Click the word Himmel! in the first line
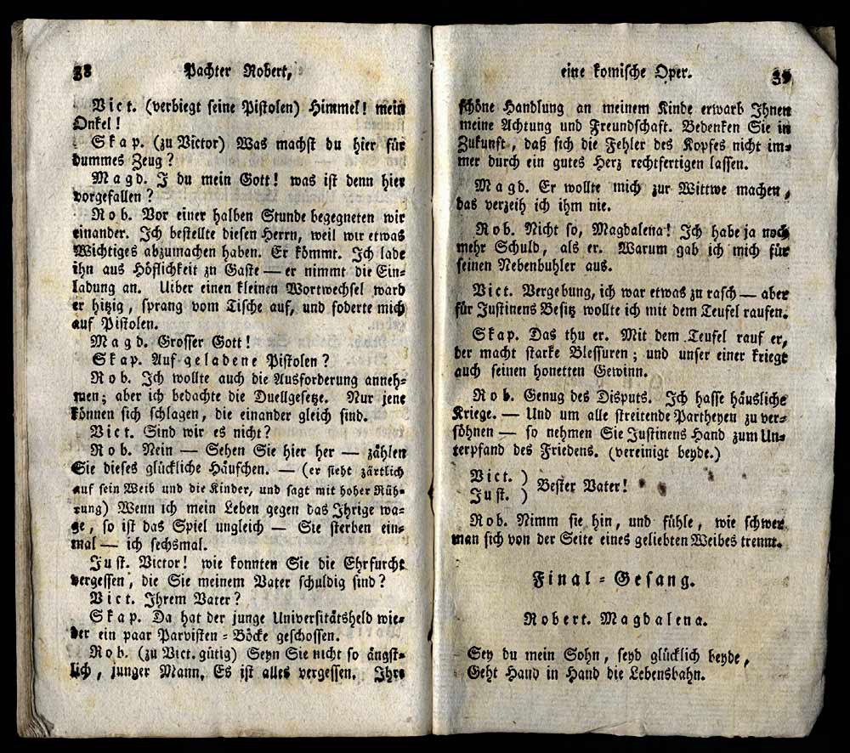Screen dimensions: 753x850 (x=338, y=107)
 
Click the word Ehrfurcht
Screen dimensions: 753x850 (x=358, y=563)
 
